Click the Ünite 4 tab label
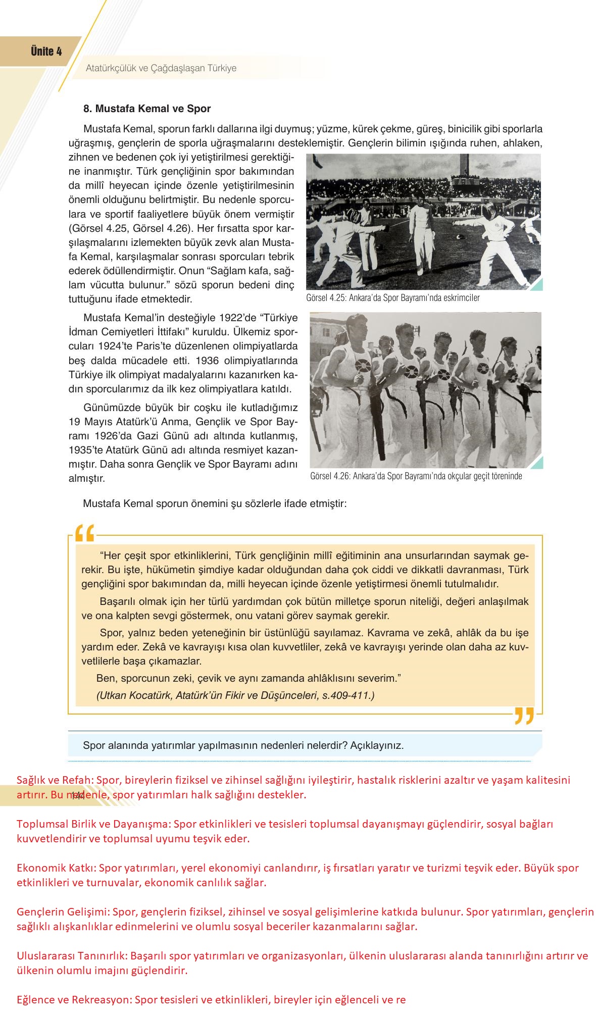pos(46,51)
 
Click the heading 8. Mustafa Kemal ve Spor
pos(147,109)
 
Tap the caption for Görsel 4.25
pos(392,298)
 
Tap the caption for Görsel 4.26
pos(416,476)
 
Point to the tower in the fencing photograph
pos(461,165)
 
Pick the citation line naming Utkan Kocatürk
pos(235,695)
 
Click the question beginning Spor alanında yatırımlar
pos(243,745)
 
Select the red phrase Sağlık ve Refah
pos(55,780)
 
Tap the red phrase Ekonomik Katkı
pos(56,869)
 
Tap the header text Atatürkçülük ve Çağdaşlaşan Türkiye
pos(161,68)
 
